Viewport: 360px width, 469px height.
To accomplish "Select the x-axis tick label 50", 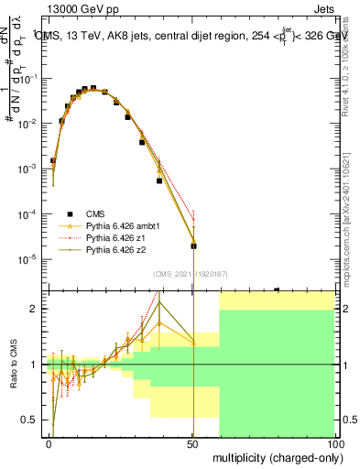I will (192, 443).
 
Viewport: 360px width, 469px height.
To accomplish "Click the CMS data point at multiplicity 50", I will (193, 245).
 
